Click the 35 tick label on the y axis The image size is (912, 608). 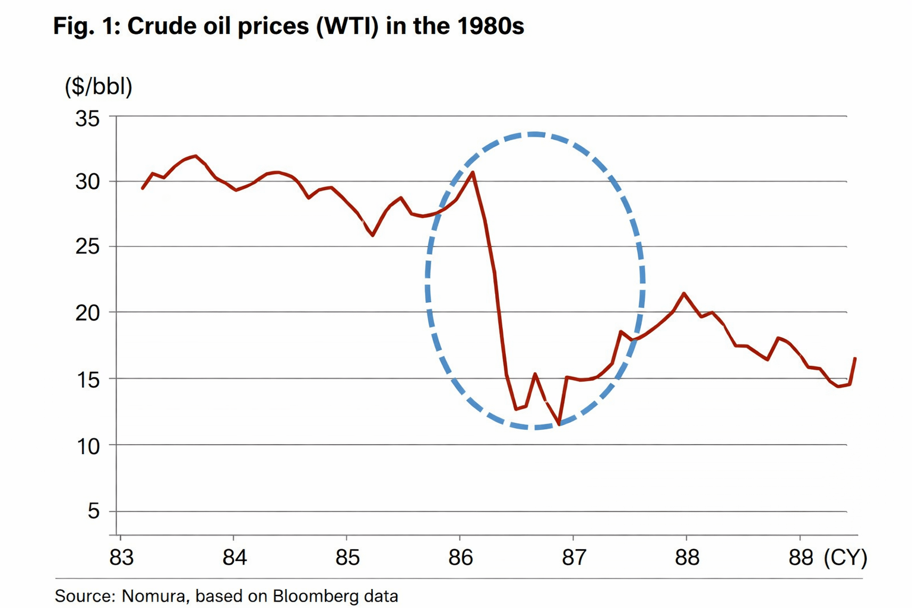point(87,119)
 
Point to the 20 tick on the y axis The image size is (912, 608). point(87,312)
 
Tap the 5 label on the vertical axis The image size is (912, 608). point(93,511)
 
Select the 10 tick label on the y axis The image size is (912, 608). point(87,446)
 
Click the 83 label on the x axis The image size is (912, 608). point(121,558)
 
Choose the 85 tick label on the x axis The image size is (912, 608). point(347,558)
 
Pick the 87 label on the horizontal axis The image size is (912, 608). point(574,558)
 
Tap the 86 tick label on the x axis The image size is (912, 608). point(460,558)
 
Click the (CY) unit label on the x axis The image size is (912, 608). point(845,558)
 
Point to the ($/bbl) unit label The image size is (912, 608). point(99,87)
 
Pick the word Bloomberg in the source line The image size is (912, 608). point(311,596)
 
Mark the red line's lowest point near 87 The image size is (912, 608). point(559,424)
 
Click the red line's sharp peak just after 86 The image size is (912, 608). point(473,172)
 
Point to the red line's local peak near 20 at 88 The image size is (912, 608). point(685,293)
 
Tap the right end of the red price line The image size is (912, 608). point(855,358)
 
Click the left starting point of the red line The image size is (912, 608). point(142,188)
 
